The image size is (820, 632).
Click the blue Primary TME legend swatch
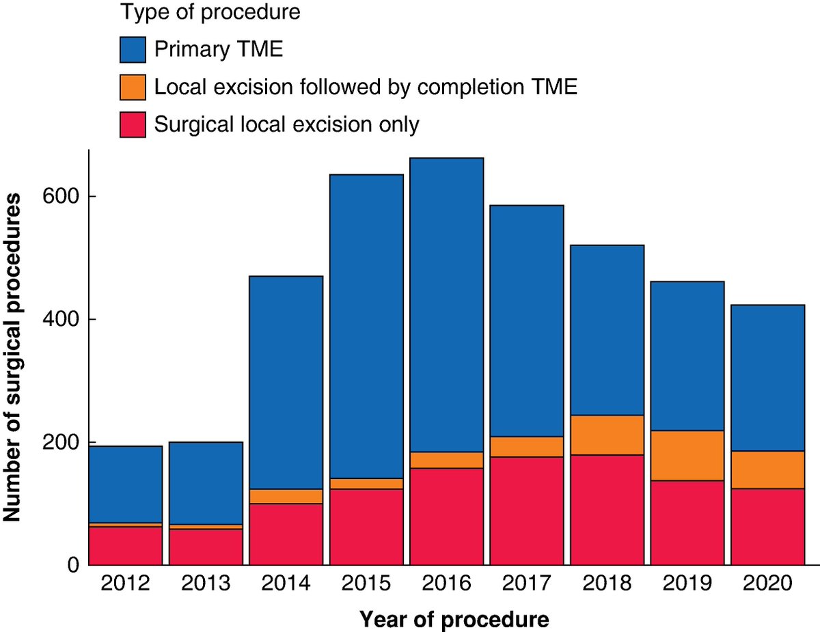[133, 50]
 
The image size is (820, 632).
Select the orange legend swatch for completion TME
[133, 87]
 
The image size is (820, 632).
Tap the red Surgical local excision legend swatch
[133, 125]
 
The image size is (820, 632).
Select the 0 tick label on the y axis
[73, 566]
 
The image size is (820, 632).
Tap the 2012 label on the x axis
[126, 584]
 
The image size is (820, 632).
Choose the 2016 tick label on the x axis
[446, 584]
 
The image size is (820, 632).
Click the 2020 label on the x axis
[767, 584]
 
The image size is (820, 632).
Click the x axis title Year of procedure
[454, 620]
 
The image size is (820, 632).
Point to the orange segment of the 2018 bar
[607, 435]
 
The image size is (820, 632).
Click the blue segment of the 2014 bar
[286, 383]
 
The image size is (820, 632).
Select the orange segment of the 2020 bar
[767, 470]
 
